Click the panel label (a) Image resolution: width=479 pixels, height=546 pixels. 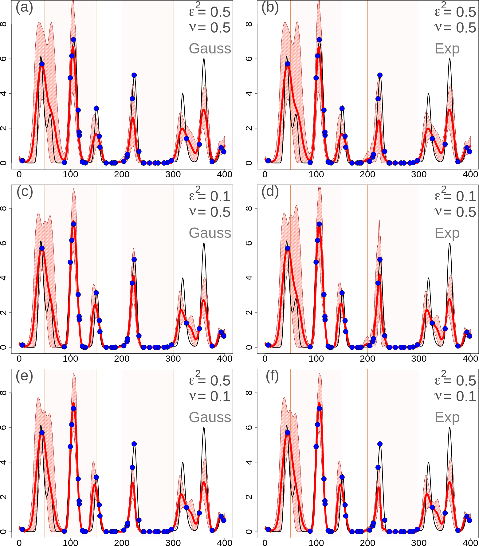click(24, 7)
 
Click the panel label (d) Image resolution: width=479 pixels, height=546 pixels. click(270, 192)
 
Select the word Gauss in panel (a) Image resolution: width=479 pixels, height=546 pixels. click(210, 49)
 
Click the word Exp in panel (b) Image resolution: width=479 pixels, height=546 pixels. click(447, 49)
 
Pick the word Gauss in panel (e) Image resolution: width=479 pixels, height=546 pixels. click(210, 417)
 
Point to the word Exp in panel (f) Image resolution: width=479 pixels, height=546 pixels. click(447, 417)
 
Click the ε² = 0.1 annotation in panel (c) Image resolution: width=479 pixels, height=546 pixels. click(210, 195)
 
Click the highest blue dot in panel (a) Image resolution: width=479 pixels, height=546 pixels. click(73, 40)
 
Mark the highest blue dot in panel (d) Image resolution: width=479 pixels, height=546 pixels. click(319, 224)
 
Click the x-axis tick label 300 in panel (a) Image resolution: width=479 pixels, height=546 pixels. click(173, 174)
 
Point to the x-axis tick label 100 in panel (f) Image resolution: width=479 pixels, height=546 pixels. click(316, 543)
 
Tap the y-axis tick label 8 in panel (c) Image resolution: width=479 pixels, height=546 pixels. click(3, 208)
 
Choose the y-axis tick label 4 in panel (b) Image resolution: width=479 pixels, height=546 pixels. click(249, 93)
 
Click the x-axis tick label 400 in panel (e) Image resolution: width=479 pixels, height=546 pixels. click(224, 543)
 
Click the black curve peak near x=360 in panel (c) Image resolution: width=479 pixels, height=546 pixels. click(204, 243)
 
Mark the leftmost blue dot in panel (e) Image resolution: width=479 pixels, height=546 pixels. click(22, 529)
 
